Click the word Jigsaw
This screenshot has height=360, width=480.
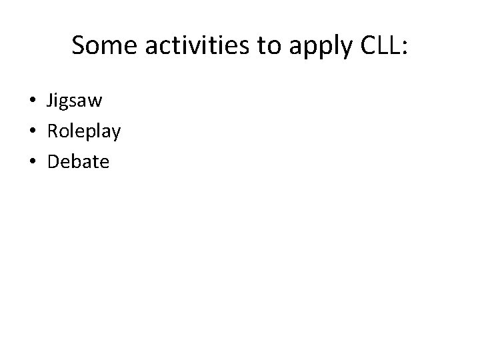(x=73, y=101)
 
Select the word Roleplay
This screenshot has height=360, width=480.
(x=83, y=131)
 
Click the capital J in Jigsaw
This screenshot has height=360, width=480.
(x=50, y=101)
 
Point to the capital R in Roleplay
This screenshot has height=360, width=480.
(x=52, y=131)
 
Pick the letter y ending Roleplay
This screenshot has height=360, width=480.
(x=116, y=133)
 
